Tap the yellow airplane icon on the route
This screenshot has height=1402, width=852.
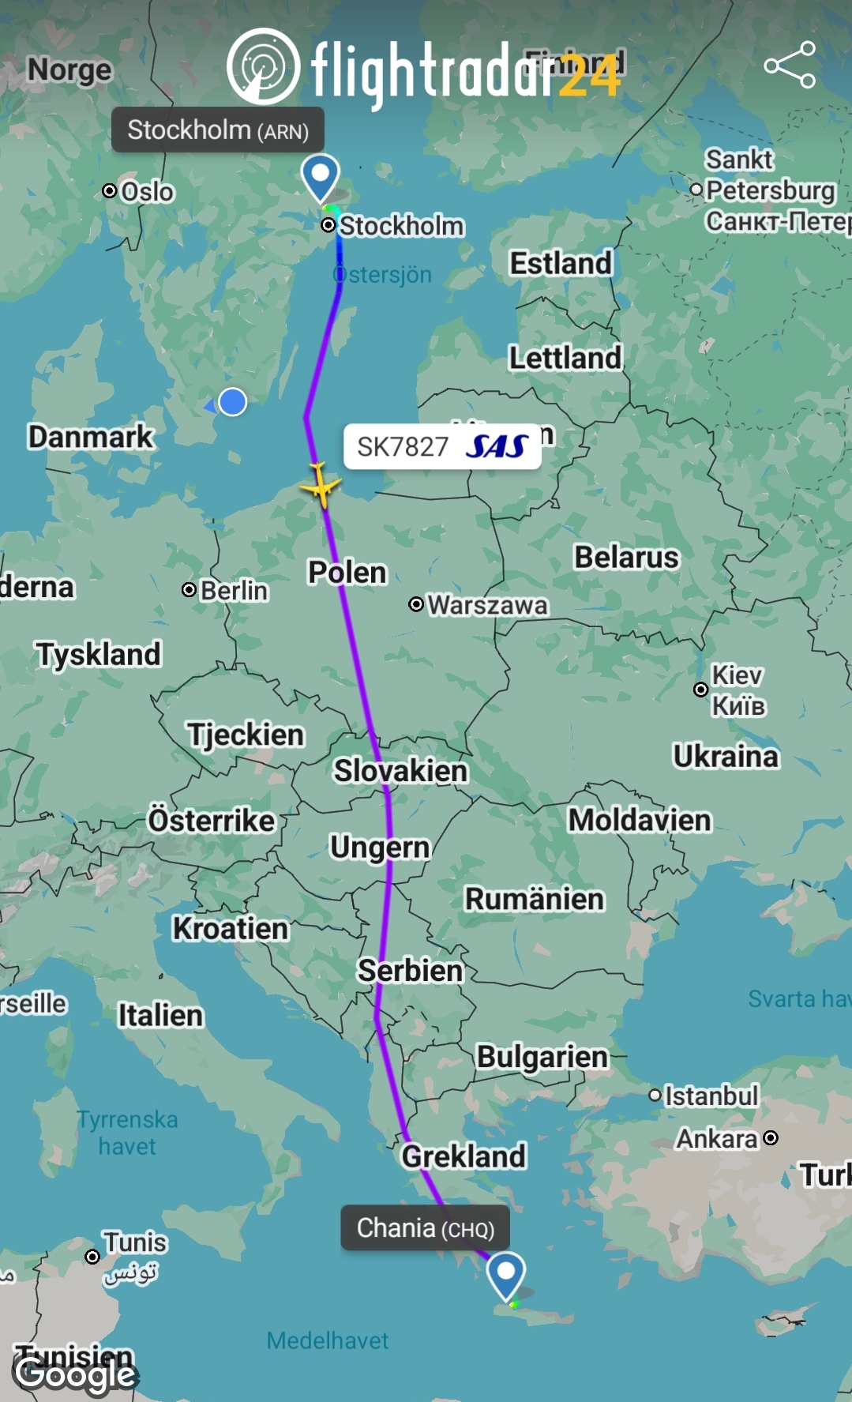coord(321,486)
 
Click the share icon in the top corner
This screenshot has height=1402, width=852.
coord(789,65)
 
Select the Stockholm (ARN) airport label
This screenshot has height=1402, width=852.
coord(218,130)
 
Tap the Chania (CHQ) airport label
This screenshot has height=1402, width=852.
coord(425,1227)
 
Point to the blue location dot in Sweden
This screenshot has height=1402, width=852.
coord(232,402)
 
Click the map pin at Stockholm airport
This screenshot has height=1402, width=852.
coord(321,177)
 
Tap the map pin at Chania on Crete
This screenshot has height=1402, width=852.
coord(505,1273)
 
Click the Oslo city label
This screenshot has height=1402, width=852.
coord(147,191)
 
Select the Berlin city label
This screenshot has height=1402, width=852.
coord(234,590)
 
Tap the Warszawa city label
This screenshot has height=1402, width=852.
coord(486,605)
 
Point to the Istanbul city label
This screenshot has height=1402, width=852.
coord(711,1096)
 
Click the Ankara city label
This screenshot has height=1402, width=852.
coord(717,1138)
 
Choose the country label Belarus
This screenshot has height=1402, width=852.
coord(626,557)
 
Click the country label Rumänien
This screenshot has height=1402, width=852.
coord(534,898)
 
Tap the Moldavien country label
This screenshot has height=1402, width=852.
coord(640,820)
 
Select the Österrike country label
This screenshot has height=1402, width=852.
coord(212,820)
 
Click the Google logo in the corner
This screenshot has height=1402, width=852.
coord(75,1375)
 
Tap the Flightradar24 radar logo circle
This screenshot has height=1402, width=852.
coord(263,66)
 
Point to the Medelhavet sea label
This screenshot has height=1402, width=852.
coord(327,1340)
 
